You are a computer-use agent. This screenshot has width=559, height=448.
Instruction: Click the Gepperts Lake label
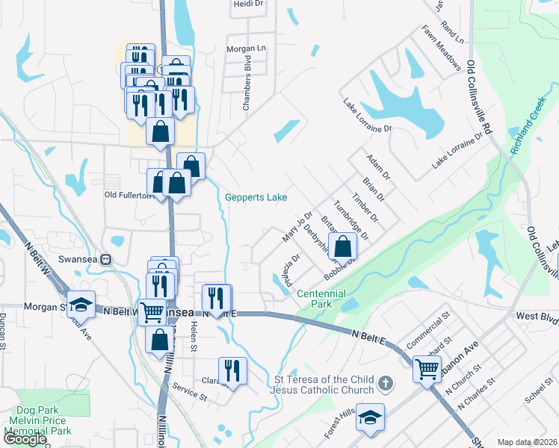pyautogui.click(x=256, y=197)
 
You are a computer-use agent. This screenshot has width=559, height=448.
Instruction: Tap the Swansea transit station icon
pyautogui.click(x=106, y=260)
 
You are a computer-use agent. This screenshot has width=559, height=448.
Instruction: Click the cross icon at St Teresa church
pyautogui.click(x=385, y=384)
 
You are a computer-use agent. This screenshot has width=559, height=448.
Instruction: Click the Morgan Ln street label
pyautogui.click(x=246, y=48)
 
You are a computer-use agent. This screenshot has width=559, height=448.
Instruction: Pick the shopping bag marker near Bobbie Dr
pyautogui.click(x=342, y=245)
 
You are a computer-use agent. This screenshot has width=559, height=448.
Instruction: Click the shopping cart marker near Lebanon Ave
pyautogui.click(x=427, y=367)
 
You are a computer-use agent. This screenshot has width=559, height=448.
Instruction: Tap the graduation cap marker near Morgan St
pyautogui.click(x=81, y=304)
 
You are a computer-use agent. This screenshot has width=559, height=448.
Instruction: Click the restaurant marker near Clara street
pyautogui.click(x=232, y=370)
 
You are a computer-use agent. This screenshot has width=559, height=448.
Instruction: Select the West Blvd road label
pyautogui.click(x=537, y=317)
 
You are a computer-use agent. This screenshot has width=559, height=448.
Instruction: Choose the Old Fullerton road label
pyautogui.click(x=129, y=196)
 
